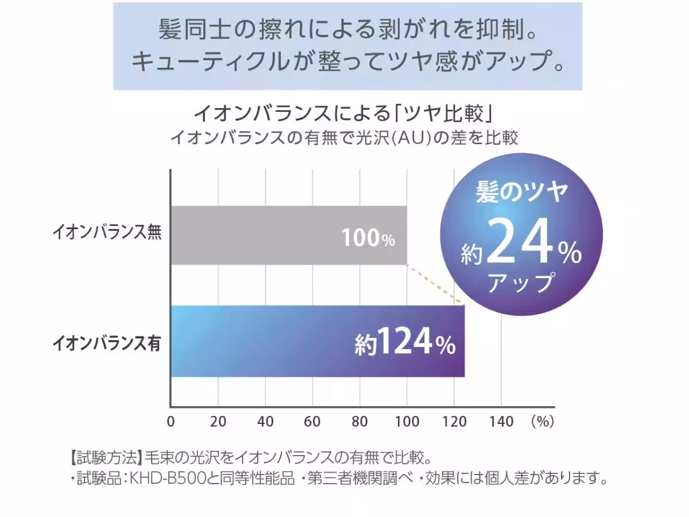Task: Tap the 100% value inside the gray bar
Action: [x=368, y=238]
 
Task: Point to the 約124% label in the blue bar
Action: [x=405, y=343]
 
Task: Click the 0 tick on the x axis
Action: [x=171, y=422]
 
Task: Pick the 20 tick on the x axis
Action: [x=218, y=422]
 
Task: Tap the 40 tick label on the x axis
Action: [x=265, y=422]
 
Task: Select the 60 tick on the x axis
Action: [x=312, y=422]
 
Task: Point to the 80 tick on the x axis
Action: [x=359, y=422]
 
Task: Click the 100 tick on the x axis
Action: [x=407, y=422]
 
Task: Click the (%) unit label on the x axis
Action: [x=542, y=422]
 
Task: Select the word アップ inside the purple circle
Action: [x=521, y=283]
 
